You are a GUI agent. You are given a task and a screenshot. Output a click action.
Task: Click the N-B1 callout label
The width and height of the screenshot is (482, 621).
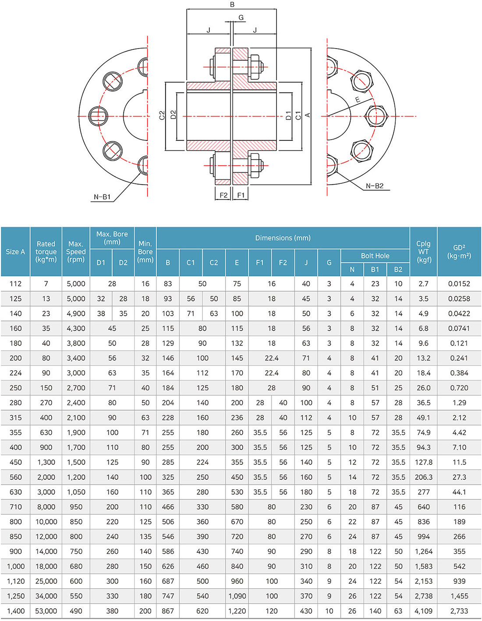[102, 197]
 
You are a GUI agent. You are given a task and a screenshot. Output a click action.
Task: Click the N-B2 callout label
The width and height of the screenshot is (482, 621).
[375, 186]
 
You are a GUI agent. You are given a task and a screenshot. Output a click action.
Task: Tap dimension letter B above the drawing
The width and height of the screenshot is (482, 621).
[232, 4]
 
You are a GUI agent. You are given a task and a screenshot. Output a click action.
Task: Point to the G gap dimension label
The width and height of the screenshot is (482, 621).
[241, 18]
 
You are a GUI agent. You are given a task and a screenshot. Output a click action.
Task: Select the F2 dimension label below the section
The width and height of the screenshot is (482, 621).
[223, 195]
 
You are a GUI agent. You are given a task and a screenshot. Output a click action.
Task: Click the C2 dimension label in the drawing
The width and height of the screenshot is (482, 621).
[162, 115]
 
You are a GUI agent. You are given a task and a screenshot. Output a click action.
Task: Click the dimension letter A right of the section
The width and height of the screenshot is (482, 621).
[308, 115]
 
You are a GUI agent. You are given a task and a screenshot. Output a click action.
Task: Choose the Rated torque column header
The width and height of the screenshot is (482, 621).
[46, 252]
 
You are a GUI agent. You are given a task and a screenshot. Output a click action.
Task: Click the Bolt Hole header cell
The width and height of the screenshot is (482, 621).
[375, 256]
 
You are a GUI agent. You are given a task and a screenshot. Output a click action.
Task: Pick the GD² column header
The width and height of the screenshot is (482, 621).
[459, 252]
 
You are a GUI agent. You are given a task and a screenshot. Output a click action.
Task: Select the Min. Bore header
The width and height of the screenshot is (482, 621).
[145, 252]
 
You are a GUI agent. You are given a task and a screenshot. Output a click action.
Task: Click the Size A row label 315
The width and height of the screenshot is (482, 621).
[15, 418]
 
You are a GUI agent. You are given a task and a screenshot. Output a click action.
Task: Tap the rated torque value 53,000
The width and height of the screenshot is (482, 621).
[46, 611]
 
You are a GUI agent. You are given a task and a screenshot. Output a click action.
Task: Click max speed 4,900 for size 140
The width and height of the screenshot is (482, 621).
[76, 313]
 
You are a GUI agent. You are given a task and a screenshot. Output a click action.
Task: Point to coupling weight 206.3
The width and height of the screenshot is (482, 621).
[423, 477]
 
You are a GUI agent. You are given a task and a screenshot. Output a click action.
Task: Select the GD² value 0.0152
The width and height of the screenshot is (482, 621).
[459, 284]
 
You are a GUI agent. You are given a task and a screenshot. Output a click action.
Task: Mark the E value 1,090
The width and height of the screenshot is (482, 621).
[237, 596]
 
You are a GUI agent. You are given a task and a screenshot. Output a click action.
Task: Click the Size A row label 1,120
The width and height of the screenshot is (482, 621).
[15, 581]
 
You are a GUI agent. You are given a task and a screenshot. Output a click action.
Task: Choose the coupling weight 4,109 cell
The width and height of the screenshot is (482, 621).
[423, 611]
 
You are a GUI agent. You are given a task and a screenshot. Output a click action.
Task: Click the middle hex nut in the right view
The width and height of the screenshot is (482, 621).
[376, 116]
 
